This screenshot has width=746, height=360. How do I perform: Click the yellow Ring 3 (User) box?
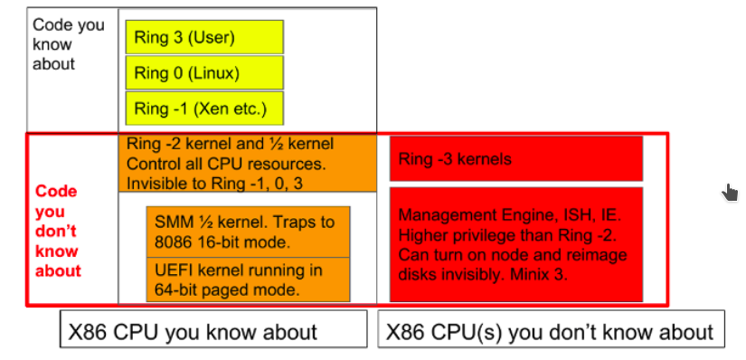tap(204, 37)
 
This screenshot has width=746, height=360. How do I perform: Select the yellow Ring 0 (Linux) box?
tap(204, 72)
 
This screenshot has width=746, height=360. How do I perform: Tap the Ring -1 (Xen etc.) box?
tap(204, 108)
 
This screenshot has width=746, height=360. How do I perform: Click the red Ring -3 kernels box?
tap(515, 159)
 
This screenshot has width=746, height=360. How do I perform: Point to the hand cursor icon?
tap(731, 192)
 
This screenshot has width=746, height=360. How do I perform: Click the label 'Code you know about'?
tap(69, 44)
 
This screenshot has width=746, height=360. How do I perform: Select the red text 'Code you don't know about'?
tap(57, 231)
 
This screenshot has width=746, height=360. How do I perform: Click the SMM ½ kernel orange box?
tap(248, 232)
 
